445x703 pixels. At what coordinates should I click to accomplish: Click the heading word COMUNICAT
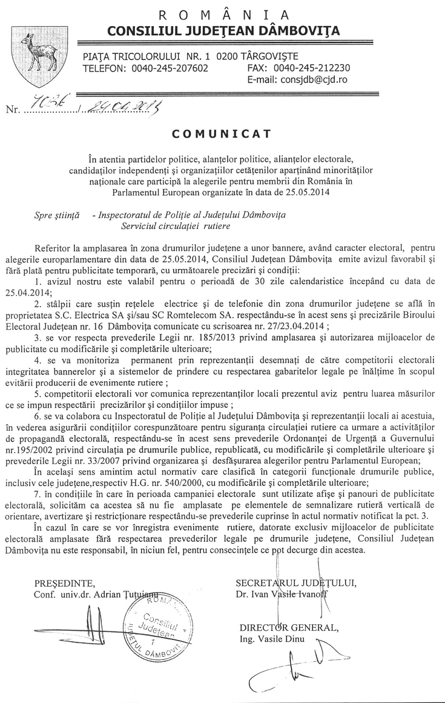222,132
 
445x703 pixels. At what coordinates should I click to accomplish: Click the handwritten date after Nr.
124,108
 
